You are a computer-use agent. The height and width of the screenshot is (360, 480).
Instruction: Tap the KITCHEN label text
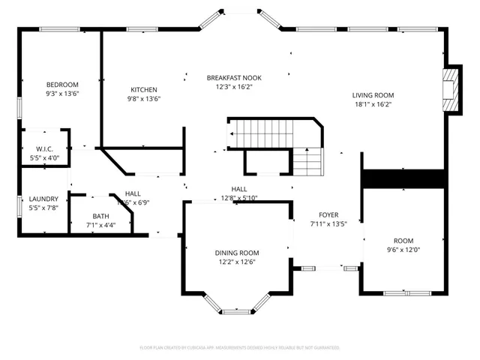(x=143, y=89)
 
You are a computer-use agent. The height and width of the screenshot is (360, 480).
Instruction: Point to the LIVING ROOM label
(x=373, y=95)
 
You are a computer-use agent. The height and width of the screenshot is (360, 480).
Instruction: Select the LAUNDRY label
(x=43, y=199)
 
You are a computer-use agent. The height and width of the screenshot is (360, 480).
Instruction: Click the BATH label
(x=100, y=216)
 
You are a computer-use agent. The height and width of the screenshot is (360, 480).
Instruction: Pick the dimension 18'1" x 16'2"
(x=373, y=104)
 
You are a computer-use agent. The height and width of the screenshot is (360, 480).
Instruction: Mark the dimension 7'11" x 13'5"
(x=328, y=223)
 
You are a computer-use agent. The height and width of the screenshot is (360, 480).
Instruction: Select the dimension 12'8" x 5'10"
(x=239, y=198)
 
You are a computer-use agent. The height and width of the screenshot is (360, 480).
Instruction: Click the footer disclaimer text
(x=240, y=348)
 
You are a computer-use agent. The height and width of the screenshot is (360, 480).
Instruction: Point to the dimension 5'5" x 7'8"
(x=43, y=208)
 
